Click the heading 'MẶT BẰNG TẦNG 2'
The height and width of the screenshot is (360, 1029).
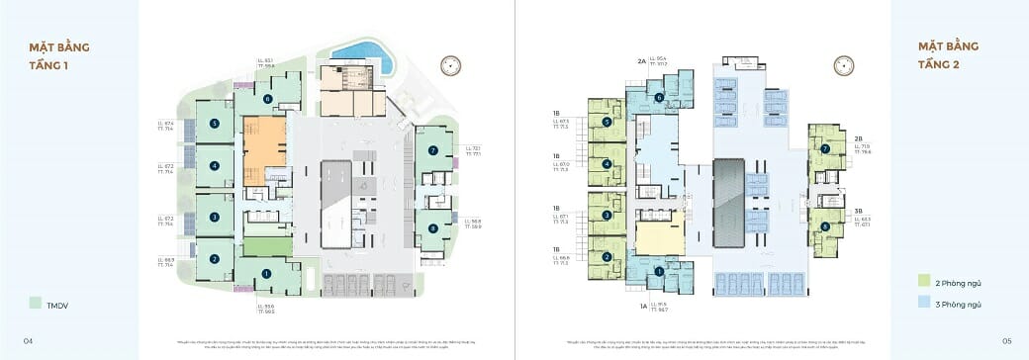(x=946, y=55)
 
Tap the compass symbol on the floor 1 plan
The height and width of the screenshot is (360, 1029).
(x=453, y=65)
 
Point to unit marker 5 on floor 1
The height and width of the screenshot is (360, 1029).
(x=214, y=124)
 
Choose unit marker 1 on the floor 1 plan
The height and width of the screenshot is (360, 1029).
(x=265, y=273)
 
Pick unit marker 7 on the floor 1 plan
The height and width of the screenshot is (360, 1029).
(x=432, y=150)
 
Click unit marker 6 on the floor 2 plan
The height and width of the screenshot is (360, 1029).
(x=659, y=97)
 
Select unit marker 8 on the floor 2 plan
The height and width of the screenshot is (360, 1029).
(x=825, y=227)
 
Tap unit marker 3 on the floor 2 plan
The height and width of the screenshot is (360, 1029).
(x=606, y=215)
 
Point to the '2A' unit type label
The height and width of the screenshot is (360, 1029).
(x=641, y=61)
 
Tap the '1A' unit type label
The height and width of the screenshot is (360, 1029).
(x=642, y=308)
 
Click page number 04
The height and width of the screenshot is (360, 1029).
(x=29, y=340)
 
